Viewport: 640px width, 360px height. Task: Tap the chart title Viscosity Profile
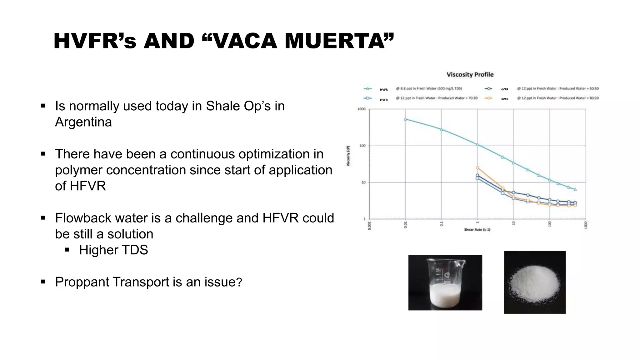point(470,74)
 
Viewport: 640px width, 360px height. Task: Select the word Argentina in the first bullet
point(83,122)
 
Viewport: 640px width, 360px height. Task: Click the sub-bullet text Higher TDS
point(113,250)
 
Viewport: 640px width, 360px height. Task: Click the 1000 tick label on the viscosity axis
point(361,109)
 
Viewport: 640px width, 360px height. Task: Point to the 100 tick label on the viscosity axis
point(362,146)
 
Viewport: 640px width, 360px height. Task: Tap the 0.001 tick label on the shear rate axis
point(369,225)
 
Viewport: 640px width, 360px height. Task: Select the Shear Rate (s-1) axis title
point(477,230)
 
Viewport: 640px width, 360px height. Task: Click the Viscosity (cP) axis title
point(348,156)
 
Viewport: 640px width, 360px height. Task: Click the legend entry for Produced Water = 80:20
point(557,98)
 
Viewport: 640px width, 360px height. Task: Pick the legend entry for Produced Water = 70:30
point(436,98)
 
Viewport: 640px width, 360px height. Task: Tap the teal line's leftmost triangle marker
point(405,119)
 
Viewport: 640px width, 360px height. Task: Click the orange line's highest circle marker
point(477,168)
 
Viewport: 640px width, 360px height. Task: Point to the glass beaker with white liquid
point(445,282)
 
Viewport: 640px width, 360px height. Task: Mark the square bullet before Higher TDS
point(67,250)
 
